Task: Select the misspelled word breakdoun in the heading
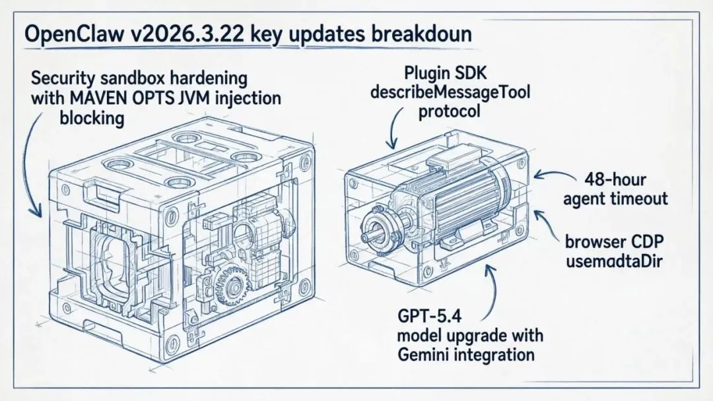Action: pos(420,34)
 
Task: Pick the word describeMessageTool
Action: pos(450,92)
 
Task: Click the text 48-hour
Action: pos(615,179)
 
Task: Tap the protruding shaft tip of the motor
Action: pos(366,237)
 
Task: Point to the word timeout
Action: pos(642,199)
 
